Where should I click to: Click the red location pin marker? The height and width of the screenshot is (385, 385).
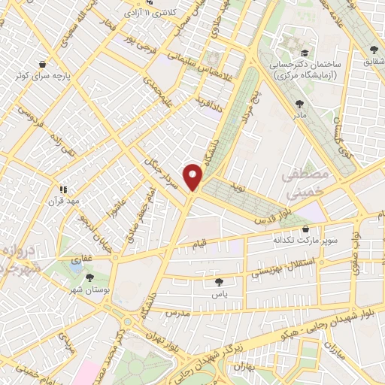tap(193, 176)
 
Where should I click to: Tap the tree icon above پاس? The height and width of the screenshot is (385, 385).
tap(218, 283)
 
